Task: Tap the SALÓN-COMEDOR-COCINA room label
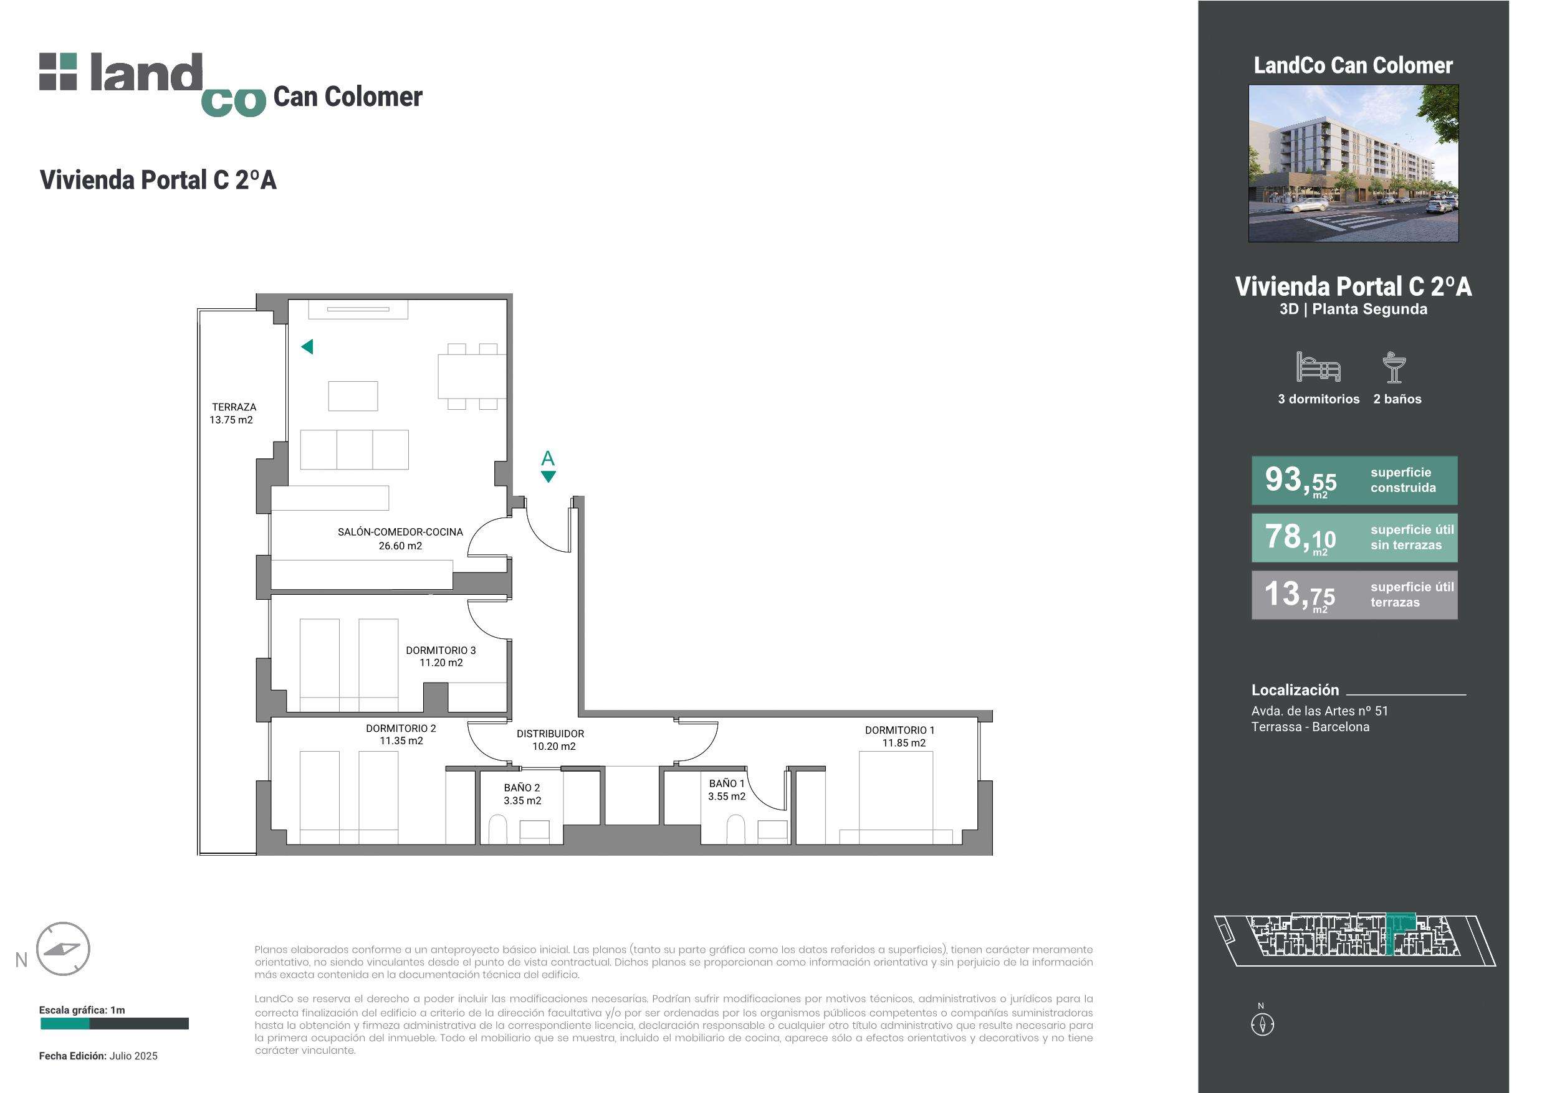pos(400,539)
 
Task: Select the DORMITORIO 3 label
pos(441,656)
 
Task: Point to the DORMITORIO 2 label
pos(401,735)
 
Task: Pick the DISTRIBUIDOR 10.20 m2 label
pos(550,740)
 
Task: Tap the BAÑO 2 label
pos(522,794)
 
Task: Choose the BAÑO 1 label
pos(726,790)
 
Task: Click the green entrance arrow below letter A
pos(548,477)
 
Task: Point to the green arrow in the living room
pos(307,347)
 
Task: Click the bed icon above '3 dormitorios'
pos(1318,367)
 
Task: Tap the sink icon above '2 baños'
pos(1394,367)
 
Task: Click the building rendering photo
pos(1354,163)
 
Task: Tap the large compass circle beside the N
pos(64,949)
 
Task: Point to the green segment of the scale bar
pos(65,1024)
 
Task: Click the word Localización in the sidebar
pos(1295,689)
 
